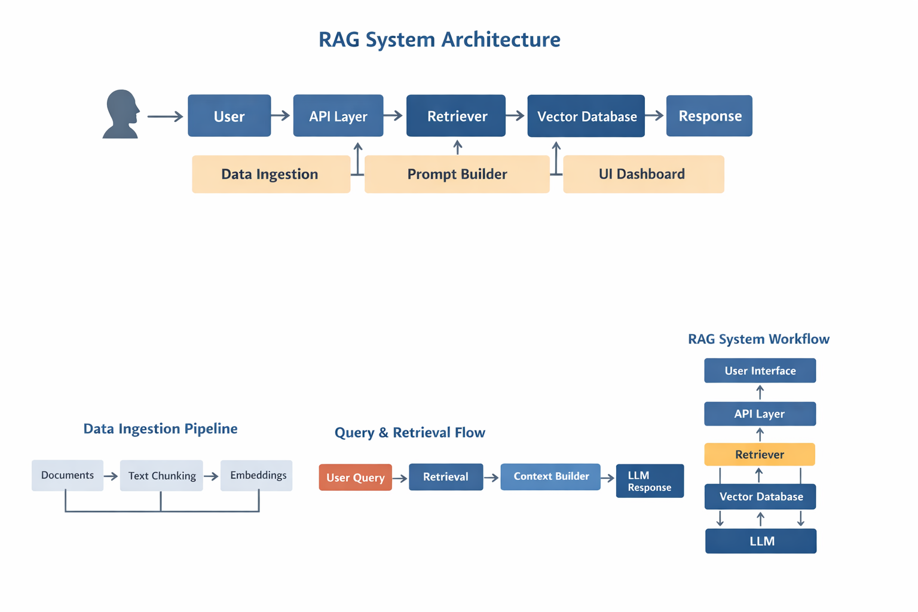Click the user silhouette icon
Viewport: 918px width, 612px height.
pos(121,114)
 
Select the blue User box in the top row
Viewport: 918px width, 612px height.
pos(229,116)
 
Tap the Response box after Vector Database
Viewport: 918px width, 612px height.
pos(709,116)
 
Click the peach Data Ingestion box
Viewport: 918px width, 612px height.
pos(271,174)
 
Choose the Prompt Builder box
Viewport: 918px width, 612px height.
pos(457,174)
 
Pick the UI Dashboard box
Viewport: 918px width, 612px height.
pos(643,174)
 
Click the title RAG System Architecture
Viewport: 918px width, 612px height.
pos(439,39)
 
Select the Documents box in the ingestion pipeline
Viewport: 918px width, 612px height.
pos(68,476)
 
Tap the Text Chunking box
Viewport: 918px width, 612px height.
pos(161,476)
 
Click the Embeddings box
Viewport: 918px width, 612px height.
pos(256,476)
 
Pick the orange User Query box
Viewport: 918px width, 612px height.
pos(355,478)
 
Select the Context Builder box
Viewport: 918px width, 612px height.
pos(550,476)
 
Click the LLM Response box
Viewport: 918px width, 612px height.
pos(650,481)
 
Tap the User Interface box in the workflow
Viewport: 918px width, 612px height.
pos(760,371)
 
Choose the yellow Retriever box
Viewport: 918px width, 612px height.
pos(760,454)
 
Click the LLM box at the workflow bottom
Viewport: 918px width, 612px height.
pos(761,541)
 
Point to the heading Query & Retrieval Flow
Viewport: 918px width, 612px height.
pos(409,433)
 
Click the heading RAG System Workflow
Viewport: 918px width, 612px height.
pos(758,339)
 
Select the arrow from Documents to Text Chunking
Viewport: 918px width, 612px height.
pos(111,476)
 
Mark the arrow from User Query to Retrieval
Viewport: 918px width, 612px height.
pos(400,478)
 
